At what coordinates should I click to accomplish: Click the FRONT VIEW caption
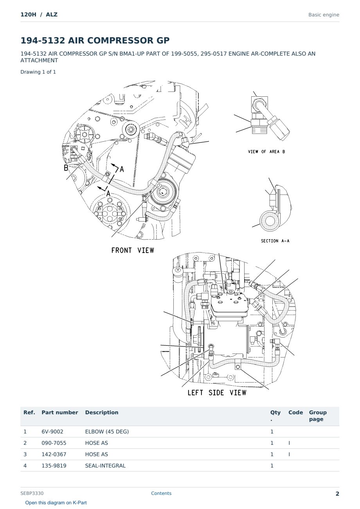[x=133, y=251]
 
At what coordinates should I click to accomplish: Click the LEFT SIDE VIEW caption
[x=217, y=393]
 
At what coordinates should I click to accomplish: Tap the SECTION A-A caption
[x=275, y=241]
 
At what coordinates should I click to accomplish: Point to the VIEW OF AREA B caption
[x=266, y=152]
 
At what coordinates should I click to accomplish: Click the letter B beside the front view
[x=66, y=168]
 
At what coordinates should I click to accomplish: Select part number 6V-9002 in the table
[x=52, y=431]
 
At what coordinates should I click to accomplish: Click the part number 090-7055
[x=54, y=443]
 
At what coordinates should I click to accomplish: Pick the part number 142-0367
[x=54, y=454]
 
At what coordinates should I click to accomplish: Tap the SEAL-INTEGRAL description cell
[x=105, y=466]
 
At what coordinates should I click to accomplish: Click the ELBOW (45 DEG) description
[x=107, y=431]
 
